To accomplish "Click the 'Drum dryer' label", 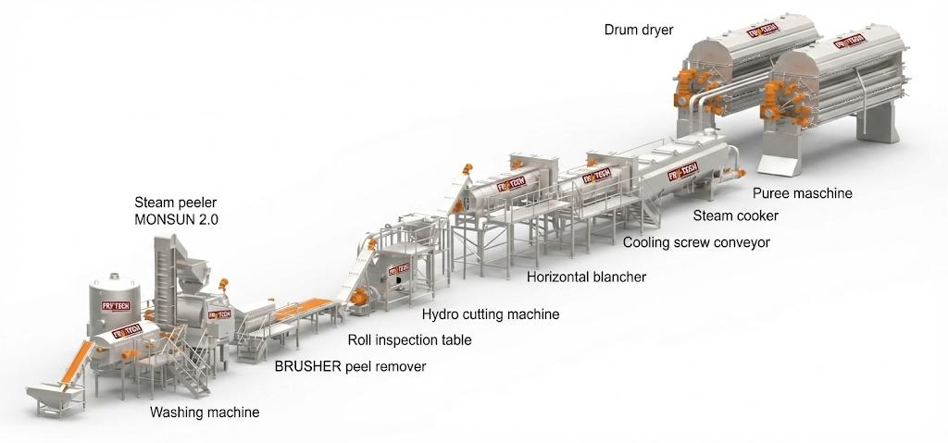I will click(x=638, y=30).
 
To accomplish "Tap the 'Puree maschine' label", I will click(x=802, y=193).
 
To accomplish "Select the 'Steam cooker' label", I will click(x=736, y=215).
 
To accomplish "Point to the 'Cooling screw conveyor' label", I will click(x=696, y=242).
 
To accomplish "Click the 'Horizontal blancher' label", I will click(x=586, y=277).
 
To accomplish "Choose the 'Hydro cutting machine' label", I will click(x=491, y=314).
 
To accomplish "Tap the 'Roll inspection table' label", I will click(x=409, y=340).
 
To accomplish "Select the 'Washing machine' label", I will click(x=205, y=412).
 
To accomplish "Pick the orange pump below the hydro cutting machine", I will click(x=358, y=297).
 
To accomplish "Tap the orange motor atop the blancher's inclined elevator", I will click(x=468, y=168).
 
